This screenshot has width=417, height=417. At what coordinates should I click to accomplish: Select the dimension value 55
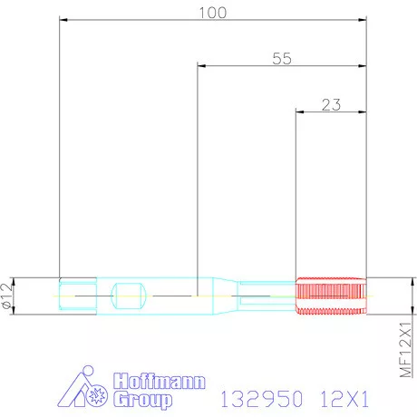(x=282, y=58)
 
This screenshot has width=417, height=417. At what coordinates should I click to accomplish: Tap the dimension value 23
(x=331, y=104)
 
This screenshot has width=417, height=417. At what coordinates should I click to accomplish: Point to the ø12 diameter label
(x=8, y=296)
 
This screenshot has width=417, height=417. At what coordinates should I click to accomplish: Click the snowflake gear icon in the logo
(x=98, y=395)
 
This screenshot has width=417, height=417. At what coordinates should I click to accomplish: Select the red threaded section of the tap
(x=332, y=295)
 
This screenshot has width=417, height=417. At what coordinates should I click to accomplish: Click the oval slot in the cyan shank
(x=127, y=295)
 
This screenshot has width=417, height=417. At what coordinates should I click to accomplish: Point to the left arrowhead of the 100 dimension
(x=63, y=19)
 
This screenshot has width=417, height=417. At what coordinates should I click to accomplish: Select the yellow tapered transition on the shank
(x=218, y=295)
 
